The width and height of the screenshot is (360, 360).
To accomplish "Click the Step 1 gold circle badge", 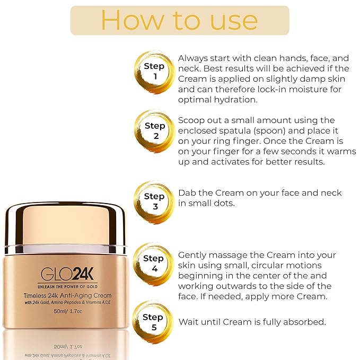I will pos(154,72).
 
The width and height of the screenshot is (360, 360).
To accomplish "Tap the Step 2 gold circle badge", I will pos(154,131).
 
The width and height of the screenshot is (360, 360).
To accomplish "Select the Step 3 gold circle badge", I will pos(154,201).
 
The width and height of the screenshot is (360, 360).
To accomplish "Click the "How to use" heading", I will pos(179,21).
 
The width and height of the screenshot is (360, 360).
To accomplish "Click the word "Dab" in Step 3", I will pos(188,193).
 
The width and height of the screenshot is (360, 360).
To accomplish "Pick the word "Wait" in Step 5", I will pos(189,322).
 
